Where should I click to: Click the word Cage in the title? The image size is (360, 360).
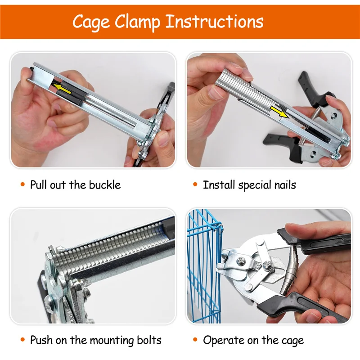(94, 22)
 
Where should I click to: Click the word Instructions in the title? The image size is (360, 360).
(215, 22)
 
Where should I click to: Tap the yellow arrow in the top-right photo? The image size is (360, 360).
(281, 113)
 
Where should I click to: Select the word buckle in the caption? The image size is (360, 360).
(104, 184)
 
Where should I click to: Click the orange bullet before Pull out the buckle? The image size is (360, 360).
(22, 185)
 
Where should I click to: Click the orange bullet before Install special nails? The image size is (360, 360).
(195, 185)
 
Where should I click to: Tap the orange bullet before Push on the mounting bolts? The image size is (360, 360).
(22, 340)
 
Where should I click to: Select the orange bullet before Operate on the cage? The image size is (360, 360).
(195, 340)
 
